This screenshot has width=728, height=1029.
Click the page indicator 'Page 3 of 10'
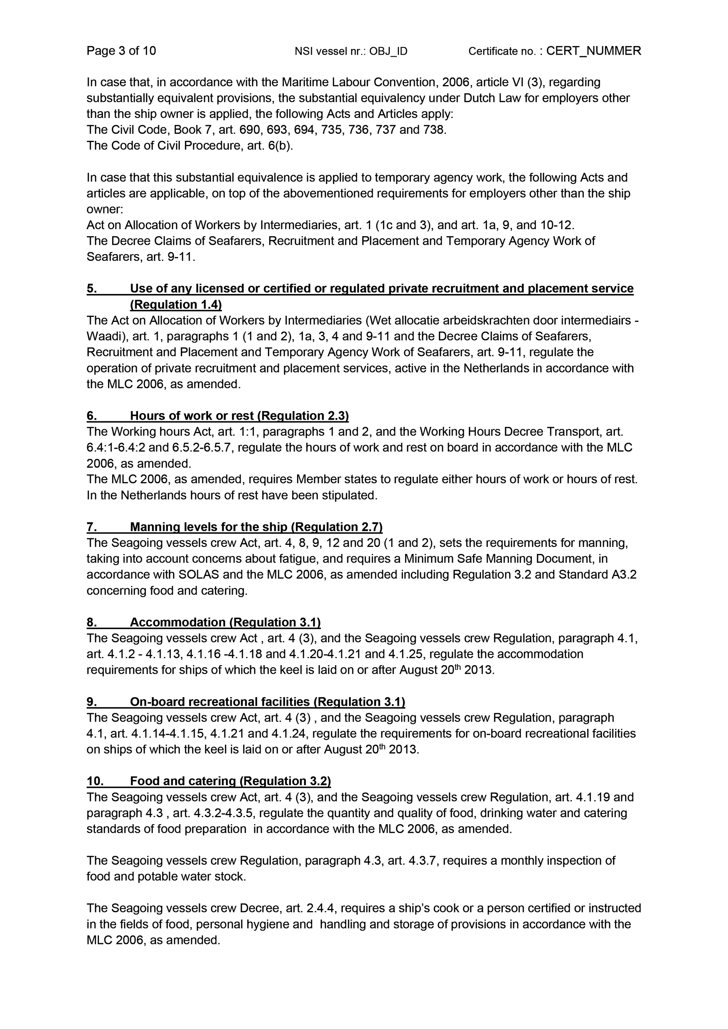point(121,51)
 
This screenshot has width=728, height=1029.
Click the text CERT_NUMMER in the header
point(594,51)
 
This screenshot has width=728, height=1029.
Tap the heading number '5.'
point(92,289)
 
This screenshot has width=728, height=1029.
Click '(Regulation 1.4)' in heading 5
point(176,305)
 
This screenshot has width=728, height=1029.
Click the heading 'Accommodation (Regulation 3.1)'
point(225,622)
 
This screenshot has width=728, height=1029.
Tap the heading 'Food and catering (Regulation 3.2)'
point(230,781)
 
